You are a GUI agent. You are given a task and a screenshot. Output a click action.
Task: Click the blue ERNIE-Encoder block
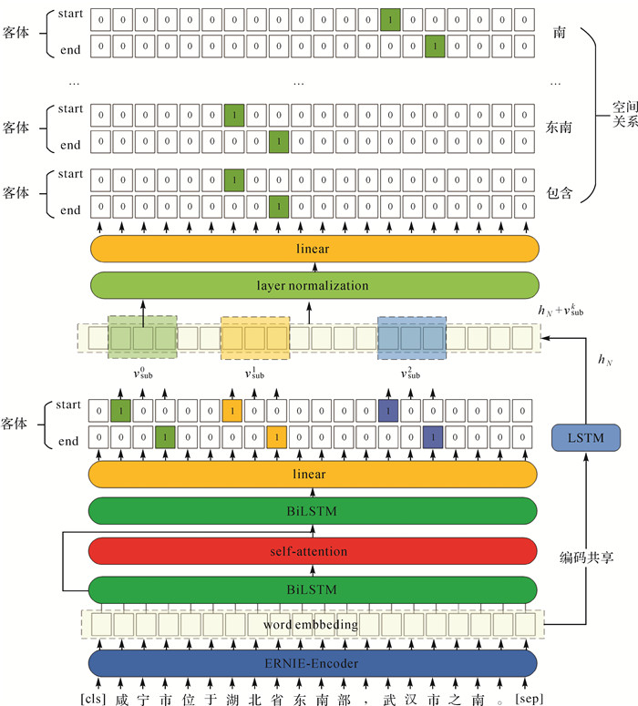pyautogui.click(x=313, y=663)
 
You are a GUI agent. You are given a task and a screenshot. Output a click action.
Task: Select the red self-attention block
pyautogui.click(x=313, y=551)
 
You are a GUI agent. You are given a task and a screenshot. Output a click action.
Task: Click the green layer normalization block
pyautogui.click(x=313, y=285)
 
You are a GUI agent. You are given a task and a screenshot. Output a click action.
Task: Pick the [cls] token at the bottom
pyautogui.click(x=96, y=697)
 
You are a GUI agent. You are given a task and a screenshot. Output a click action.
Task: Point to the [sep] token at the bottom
pyautogui.click(x=530, y=697)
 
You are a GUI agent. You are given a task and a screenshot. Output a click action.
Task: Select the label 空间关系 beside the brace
pyautogui.click(x=624, y=114)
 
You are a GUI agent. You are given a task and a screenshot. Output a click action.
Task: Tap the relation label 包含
pyautogui.click(x=560, y=194)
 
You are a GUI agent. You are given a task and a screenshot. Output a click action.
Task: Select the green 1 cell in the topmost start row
pyautogui.click(x=389, y=19)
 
